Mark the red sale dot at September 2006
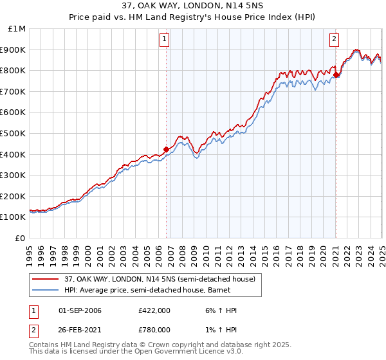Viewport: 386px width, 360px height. coord(166,149)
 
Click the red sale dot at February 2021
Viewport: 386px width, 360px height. coord(336,75)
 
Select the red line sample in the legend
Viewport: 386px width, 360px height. coord(46,279)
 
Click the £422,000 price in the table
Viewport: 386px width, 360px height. coord(154,310)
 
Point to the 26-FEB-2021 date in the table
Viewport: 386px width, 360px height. coord(80,329)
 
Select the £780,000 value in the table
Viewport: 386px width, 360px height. coord(154,329)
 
